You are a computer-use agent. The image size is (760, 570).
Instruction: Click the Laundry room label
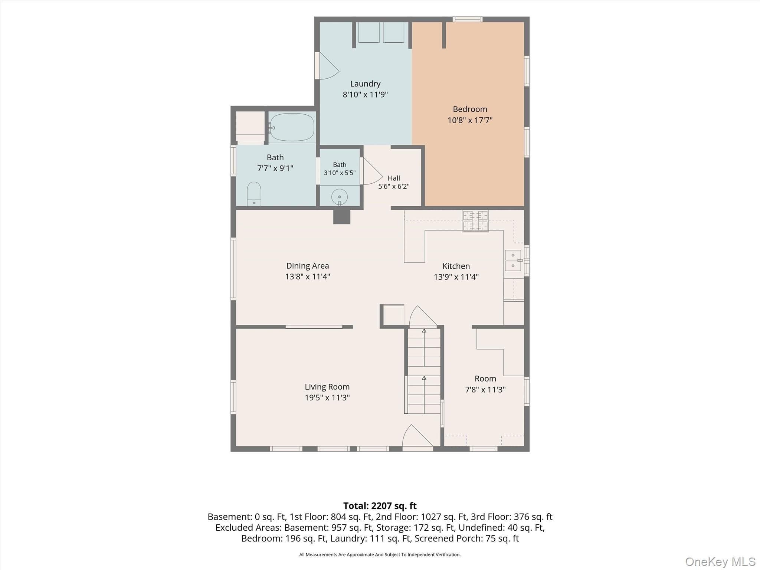365,84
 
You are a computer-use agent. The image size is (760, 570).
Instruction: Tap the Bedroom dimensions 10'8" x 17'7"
470,120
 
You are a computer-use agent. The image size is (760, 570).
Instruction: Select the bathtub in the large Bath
292,127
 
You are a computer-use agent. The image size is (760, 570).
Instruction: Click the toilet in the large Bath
254,193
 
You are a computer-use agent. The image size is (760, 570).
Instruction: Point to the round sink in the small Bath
339,197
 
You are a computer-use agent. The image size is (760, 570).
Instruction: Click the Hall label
394,178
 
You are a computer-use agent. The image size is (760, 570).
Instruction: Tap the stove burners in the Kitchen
475,221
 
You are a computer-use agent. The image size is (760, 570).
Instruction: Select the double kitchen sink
513,260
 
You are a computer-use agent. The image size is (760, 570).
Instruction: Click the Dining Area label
308,266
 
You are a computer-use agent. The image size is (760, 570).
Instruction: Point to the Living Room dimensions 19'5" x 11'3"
327,397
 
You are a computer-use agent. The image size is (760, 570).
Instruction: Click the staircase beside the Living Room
424,370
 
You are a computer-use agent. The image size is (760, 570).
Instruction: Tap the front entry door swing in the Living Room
417,436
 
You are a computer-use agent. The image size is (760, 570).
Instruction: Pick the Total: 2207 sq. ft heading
380,506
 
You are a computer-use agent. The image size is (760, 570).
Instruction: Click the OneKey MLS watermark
720,562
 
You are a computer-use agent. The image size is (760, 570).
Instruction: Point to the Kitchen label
456,266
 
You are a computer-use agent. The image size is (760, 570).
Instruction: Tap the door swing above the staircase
423,316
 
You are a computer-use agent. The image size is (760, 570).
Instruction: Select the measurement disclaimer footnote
380,555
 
